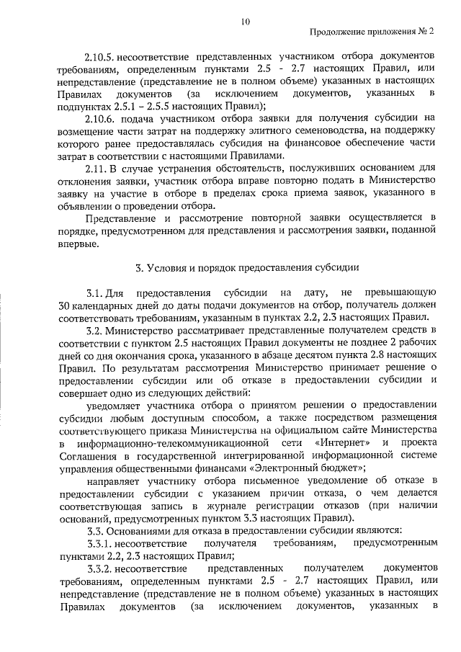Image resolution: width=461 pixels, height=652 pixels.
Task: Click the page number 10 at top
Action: coord(246,22)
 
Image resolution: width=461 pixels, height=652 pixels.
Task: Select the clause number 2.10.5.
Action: coord(101,55)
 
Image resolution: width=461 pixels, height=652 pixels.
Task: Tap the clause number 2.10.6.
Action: coord(101,117)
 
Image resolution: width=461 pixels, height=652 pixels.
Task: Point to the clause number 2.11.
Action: coord(96,169)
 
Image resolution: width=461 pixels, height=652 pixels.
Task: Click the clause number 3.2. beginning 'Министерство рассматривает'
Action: coord(94,331)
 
